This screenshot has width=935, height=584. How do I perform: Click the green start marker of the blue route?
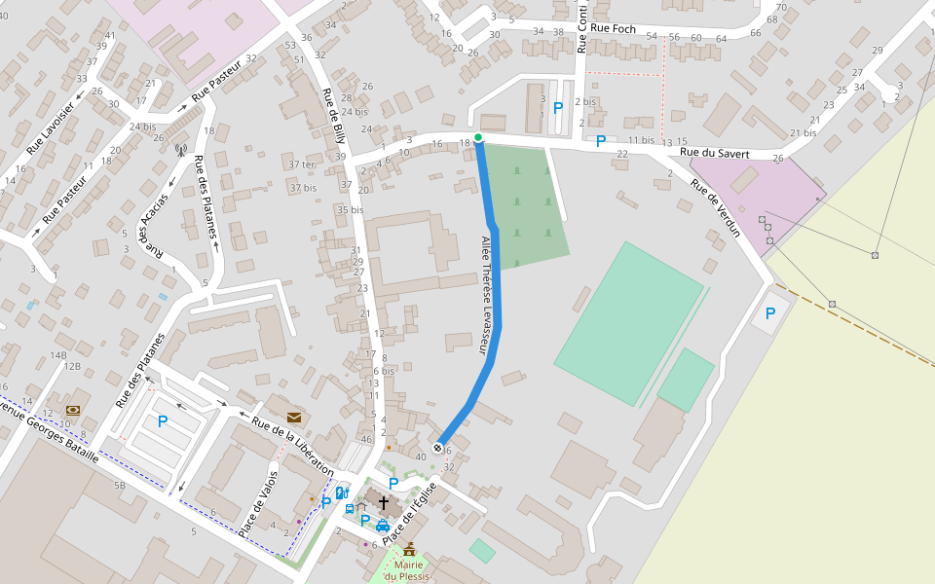478,137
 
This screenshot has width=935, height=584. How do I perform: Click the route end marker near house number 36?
438,448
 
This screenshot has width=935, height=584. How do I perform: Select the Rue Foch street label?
613,29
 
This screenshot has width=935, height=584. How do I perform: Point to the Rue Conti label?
582,29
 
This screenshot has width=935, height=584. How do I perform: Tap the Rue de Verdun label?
716,207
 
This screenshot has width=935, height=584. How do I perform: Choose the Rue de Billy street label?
333,121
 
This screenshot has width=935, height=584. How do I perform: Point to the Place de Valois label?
258,503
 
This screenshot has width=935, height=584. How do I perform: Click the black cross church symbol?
384,503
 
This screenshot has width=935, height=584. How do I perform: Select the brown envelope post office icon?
294,418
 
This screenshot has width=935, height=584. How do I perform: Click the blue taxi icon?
382,526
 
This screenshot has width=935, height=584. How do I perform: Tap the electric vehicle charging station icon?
342,493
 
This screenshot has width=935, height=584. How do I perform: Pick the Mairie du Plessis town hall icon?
409,550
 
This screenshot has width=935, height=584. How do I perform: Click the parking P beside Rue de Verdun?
770,313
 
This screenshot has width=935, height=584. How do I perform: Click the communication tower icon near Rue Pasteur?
180,150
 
